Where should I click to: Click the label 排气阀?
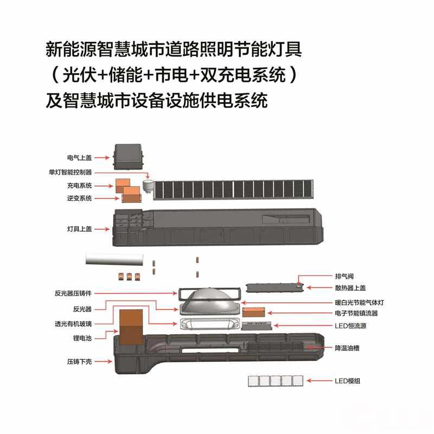tap(345, 276)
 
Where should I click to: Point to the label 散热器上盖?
tap(348, 288)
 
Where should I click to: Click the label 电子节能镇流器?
tap(356, 314)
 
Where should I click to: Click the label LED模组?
tap(348, 381)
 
